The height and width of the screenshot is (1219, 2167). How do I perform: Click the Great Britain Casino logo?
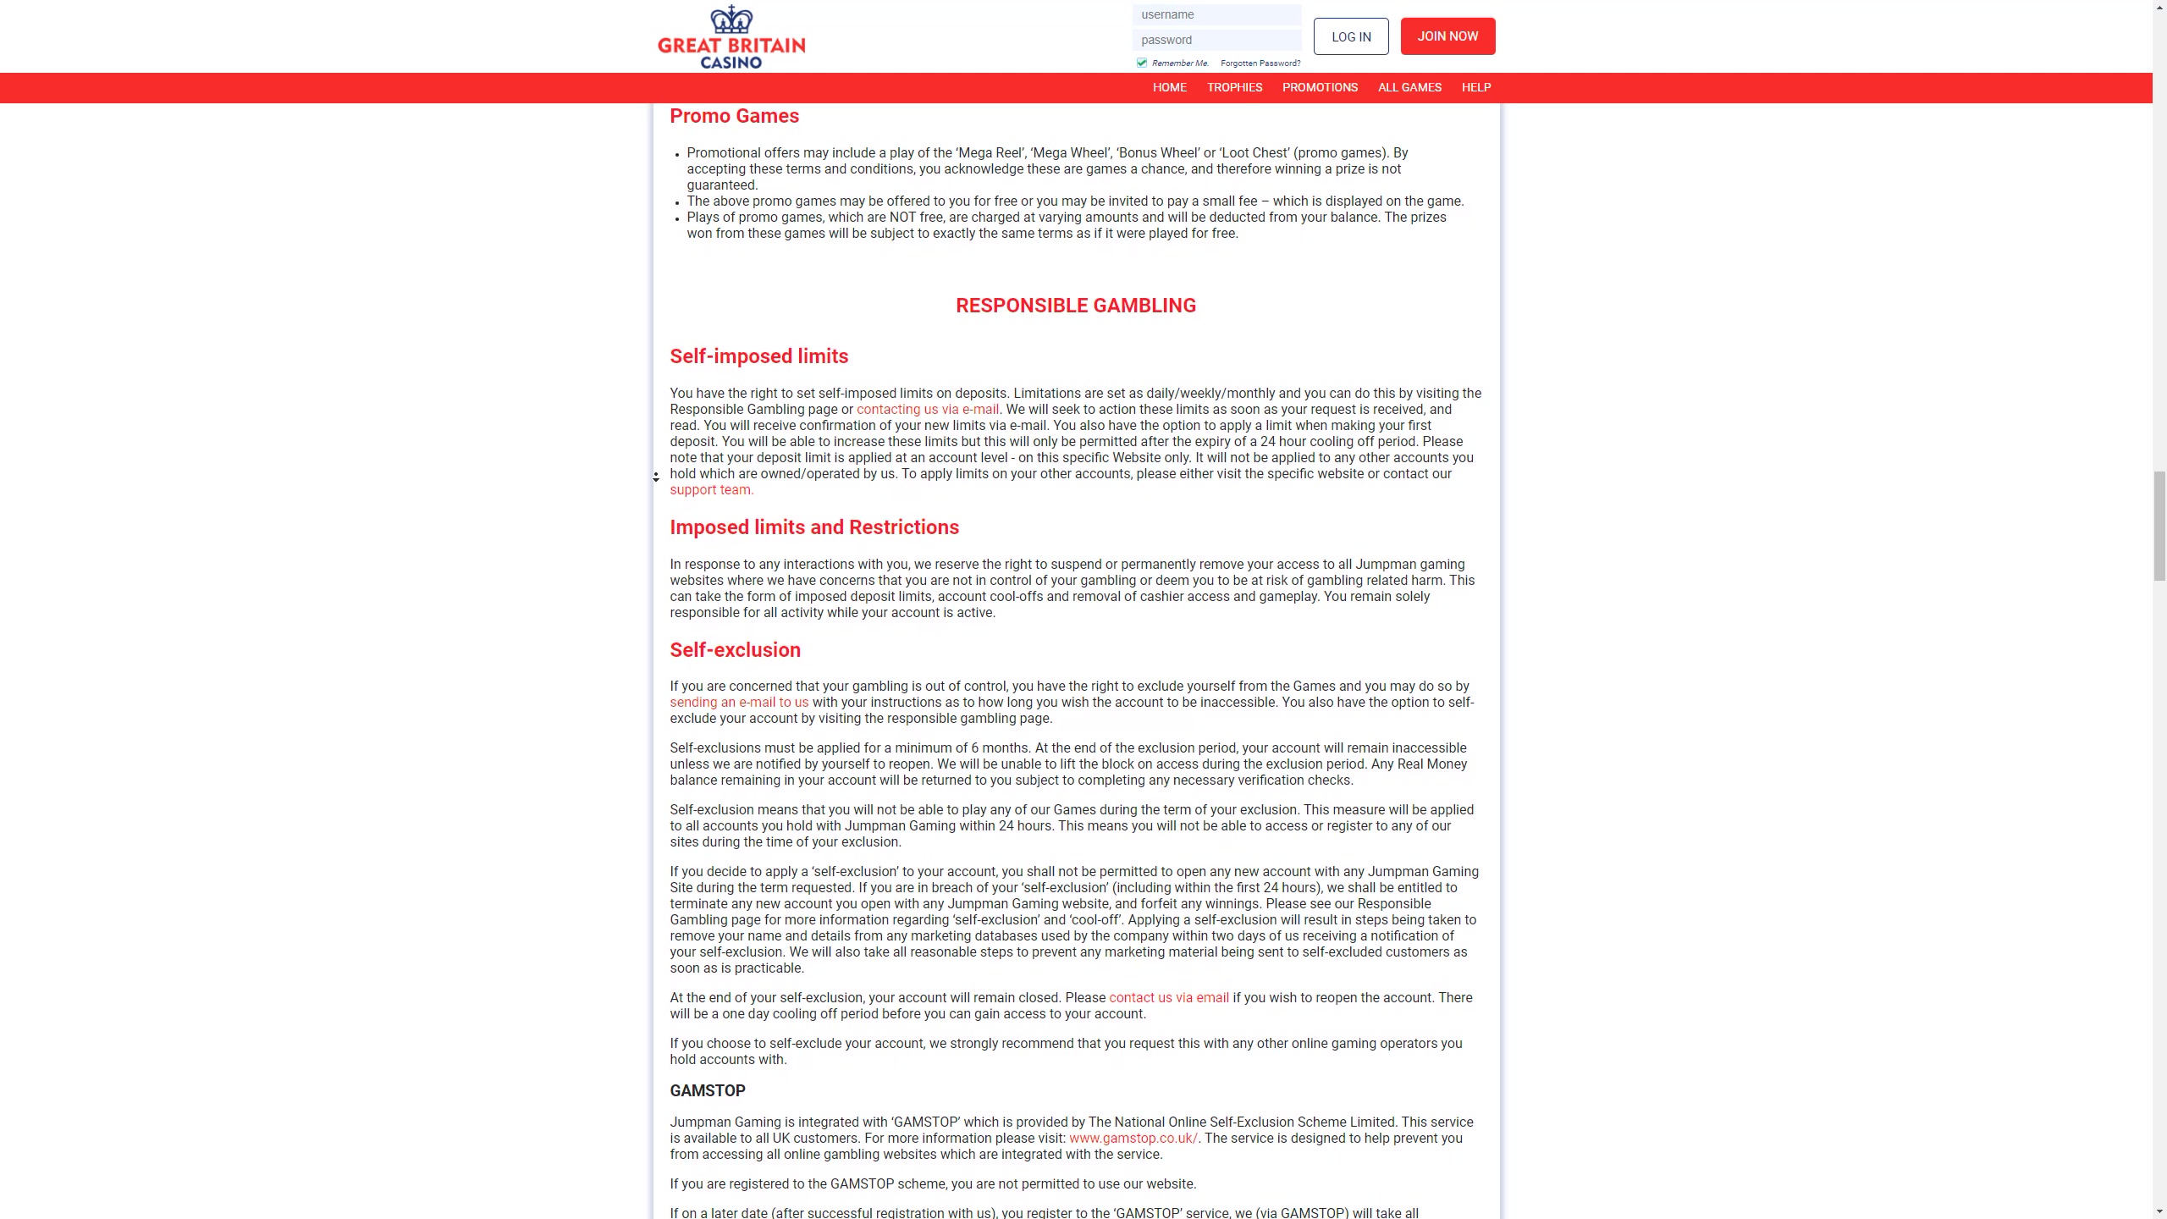[731, 37]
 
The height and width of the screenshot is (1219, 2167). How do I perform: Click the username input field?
[1216, 14]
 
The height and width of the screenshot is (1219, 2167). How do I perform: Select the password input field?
[1216, 40]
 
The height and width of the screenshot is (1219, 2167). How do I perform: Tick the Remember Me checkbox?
[1142, 63]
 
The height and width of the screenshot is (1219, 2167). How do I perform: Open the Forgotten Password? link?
[1260, 63]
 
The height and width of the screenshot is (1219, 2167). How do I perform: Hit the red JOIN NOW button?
[1447, 36]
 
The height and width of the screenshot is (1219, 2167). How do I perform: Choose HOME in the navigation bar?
[1169, 87]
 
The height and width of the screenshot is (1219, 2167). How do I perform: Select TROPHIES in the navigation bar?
[1234, 87]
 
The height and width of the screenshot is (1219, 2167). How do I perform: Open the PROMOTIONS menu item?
[1320, 87]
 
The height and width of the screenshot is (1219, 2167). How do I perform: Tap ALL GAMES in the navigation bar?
[1409, 87]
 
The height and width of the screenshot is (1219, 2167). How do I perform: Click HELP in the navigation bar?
[1475, 87]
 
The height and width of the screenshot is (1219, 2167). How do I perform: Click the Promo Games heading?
[734, 116]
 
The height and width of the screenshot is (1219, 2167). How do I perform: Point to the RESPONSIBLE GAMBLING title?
[1075, 306]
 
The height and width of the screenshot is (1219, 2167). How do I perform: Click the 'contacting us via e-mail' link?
[927, 410]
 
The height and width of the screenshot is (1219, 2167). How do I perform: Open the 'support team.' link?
[711, 490]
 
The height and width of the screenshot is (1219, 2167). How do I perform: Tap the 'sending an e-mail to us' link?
[739, 703]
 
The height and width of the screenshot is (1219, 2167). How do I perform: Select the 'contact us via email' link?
[1168, 998]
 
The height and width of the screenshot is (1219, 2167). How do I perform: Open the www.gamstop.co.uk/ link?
[1133, 1139]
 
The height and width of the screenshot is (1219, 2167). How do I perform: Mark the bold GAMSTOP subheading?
[708, 1091]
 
